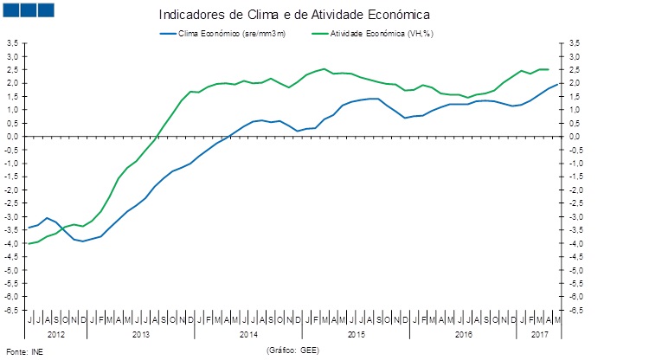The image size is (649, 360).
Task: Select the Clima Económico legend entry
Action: coord(230,33)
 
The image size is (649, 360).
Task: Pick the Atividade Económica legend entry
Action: coord(372,33)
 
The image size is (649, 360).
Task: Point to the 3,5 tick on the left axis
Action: coord(13,43)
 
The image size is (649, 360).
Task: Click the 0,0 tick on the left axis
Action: coord(13,137)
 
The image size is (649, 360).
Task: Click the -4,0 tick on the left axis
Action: coord(13,243)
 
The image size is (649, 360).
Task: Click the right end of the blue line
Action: coord(557,84)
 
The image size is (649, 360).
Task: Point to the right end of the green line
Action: coord(549,69)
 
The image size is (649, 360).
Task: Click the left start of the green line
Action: coord(29,243)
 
